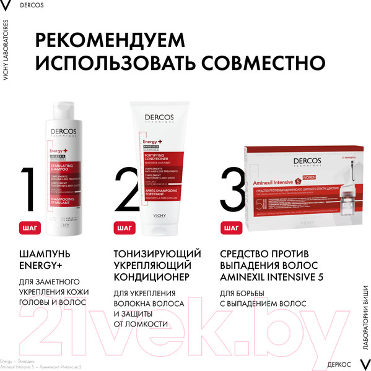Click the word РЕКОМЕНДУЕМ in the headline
pos(124,40)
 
